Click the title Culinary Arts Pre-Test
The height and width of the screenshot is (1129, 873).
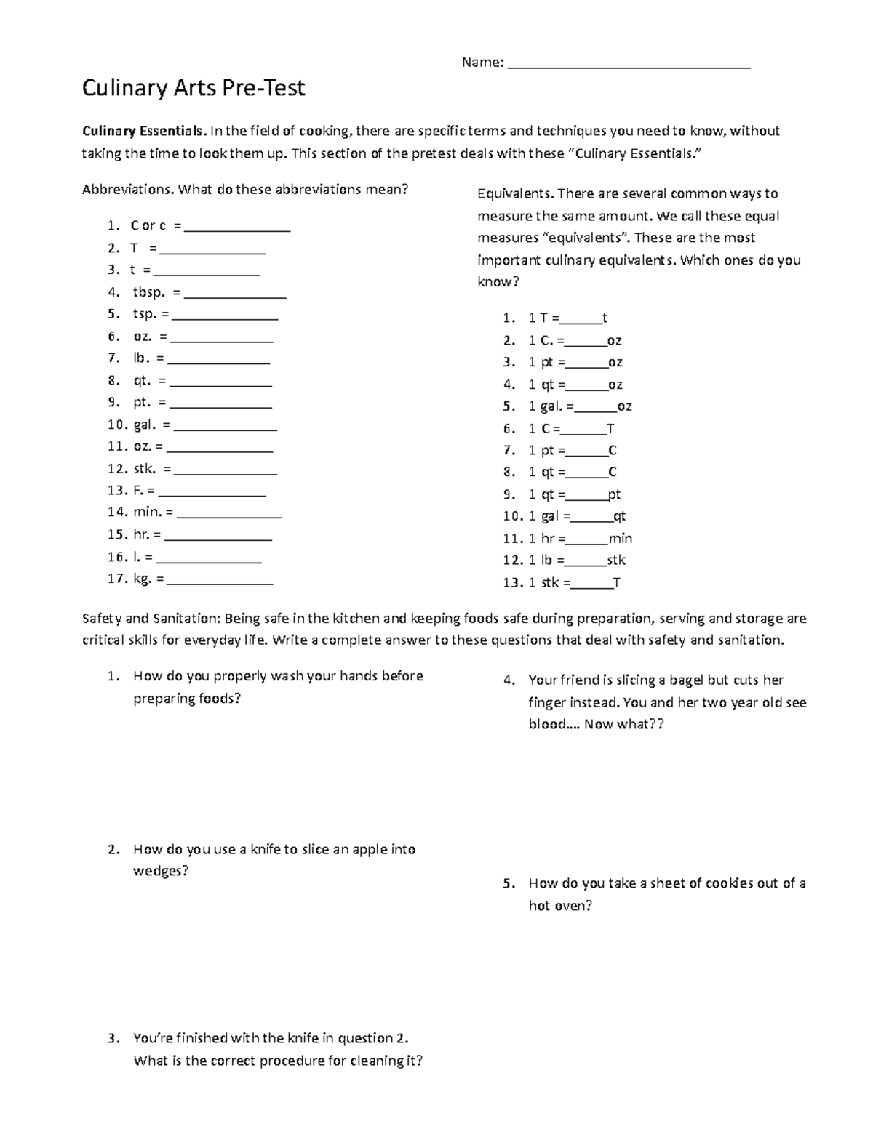click(x=194, y=89)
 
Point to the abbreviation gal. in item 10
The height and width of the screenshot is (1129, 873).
click(x=145, y=425)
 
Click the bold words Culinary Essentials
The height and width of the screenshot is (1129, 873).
click(x=144, y=132)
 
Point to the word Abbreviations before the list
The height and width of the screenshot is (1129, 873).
click(x=127, y=190)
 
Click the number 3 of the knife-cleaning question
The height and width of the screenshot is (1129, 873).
click(x=111, y=1039)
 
